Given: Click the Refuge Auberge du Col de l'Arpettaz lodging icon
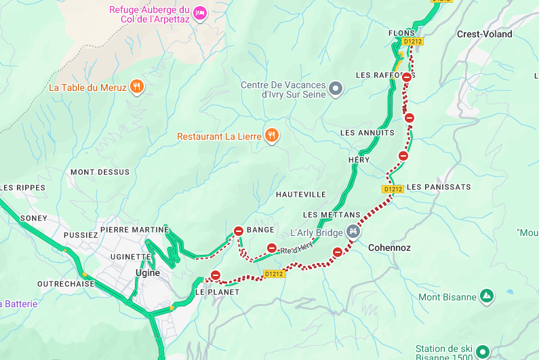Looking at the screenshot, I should point(199,13).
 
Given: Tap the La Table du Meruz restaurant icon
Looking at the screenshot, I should point(137,86).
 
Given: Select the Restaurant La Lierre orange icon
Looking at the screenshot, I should point(271,135).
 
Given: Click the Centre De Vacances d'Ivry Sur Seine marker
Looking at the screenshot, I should point(335,88).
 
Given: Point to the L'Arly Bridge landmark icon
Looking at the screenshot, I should point(352,232).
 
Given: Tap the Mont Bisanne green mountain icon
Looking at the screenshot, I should point(486,296).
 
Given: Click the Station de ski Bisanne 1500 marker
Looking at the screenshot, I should point(482,351).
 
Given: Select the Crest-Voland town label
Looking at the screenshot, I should point(484,34).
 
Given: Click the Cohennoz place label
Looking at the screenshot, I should point(389,248).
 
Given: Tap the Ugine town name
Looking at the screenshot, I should point(148,273).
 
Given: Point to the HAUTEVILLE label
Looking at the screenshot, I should point(301,195).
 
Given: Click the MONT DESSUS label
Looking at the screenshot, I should point(100,172).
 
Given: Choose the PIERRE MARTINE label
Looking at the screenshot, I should point(134,230).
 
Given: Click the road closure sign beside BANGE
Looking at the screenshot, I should point(239,231).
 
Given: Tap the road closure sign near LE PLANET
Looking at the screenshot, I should point(216,275).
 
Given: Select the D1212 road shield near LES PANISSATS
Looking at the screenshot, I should point(393,189).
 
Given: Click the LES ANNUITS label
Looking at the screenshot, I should point(367,133).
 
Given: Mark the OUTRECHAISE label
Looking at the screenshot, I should point(66,284).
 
